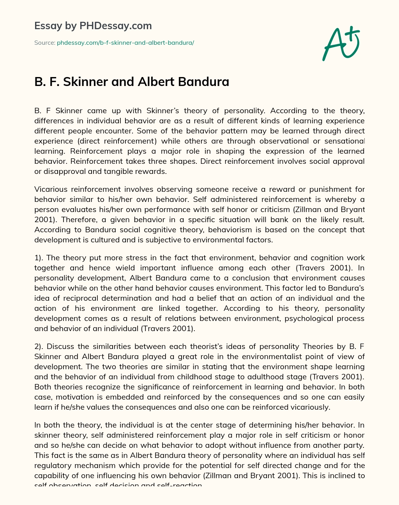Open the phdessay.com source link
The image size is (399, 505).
click(125, 43)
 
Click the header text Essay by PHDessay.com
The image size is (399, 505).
click(93, 26)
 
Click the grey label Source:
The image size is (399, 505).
click(44, 43)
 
